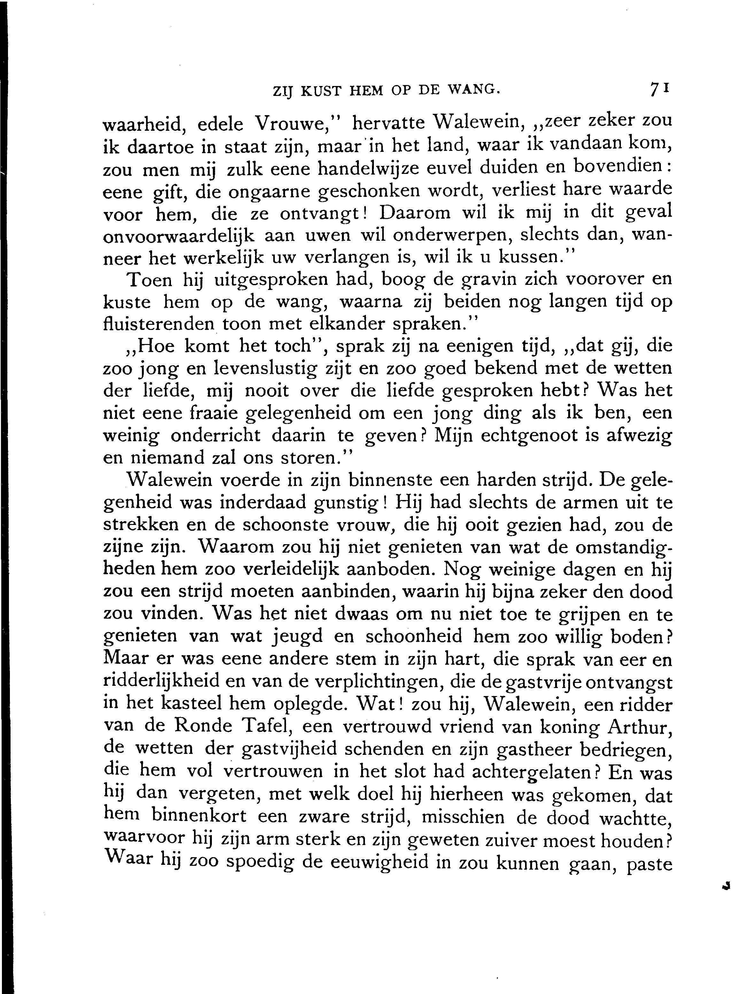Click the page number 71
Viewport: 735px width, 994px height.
click(659, 89)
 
